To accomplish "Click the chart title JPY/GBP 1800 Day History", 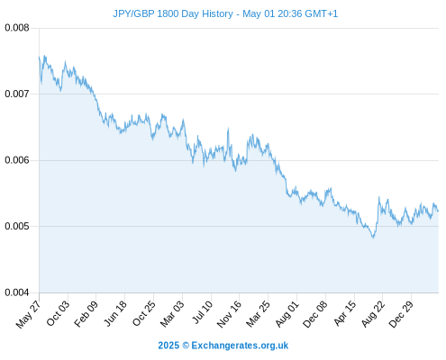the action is pos(173,14).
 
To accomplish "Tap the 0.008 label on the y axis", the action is pos(17,28).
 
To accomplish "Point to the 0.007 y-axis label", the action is pos(17,94).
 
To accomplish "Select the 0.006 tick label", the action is pos(17,160).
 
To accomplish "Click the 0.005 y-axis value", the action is pos(17,226).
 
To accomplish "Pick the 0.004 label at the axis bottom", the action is pos(17,292).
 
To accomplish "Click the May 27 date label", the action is pos(28,314).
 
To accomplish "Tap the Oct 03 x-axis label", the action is pos(58,313).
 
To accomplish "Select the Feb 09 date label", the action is pos(86,314).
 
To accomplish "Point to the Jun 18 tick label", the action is pos(115,313).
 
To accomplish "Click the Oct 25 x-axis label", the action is pos(144,313).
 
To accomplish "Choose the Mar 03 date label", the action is pos(172,314).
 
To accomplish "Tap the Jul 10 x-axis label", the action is pos(203,312).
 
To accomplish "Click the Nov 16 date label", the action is pos(229,314).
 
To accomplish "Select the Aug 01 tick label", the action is pos(287,314).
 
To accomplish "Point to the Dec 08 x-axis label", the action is pos(315,314).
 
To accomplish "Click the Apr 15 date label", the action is pos(345,313).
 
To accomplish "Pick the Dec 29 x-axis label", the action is pos(401,314).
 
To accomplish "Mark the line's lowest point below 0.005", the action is pos(373,238).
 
